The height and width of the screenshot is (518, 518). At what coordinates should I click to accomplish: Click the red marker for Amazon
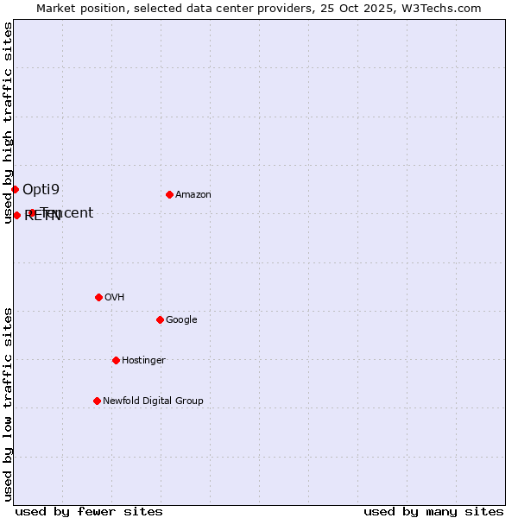(x=169, y=194)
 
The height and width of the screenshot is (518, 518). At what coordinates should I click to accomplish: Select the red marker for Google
(x=160, y=319)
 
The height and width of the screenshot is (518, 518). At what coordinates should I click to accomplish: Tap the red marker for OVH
(x=98, y=297)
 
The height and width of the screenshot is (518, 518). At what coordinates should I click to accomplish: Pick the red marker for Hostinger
(x=116, y=360)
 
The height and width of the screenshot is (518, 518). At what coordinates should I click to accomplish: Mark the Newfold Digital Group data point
(x=97, y=401)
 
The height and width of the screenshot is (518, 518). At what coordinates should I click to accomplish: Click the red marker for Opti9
(x=15, y=189)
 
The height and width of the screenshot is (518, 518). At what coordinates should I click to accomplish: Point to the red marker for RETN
(x=16, y=215)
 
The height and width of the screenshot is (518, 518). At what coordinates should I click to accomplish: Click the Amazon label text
(x=193, y=195)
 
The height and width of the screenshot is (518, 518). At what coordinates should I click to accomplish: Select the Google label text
(x=181, y=320)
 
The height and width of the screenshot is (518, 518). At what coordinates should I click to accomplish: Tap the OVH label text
(x=115, y=298)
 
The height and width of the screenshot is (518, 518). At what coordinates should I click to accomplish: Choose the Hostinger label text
(x=143, y=361)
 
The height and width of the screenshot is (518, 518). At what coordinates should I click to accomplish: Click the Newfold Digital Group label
(x=153, y=401)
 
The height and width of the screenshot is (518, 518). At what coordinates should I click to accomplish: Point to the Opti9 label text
(x=41, y=189)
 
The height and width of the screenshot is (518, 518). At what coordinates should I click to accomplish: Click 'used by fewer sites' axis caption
(x=89, y=511)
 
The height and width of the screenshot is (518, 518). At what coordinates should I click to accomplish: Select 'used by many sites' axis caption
(x=433, y=511)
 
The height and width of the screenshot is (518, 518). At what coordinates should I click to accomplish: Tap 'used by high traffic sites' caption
(x=8, y=123)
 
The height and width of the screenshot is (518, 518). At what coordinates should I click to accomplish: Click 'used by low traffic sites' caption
(x=8, y=404)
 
